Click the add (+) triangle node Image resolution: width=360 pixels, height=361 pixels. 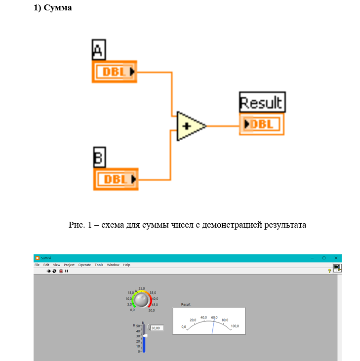point(190,125)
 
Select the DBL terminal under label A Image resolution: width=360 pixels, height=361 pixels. point(115,72)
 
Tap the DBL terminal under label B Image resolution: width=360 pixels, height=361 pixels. point(116,179)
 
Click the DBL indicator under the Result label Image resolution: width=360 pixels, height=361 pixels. point(262,124)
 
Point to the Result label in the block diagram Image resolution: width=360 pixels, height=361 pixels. point(262,103)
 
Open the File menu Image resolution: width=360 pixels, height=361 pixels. point(37,265)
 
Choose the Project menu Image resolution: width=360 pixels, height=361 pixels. point(69,265)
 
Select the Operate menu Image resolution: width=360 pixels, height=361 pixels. point(84,265)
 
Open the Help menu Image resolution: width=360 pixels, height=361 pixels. point(127,265)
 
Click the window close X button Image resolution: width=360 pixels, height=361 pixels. point(336,258)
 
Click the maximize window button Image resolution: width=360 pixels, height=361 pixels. point(324,258)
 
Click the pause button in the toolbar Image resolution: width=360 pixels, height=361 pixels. point(67,271)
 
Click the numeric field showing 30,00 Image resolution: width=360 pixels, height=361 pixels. point(157,327)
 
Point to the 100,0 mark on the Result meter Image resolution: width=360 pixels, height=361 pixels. point(235,326)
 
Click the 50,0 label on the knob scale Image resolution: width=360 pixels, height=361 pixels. point(152,310)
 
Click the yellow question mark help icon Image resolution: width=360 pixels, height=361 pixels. point(329,271)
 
